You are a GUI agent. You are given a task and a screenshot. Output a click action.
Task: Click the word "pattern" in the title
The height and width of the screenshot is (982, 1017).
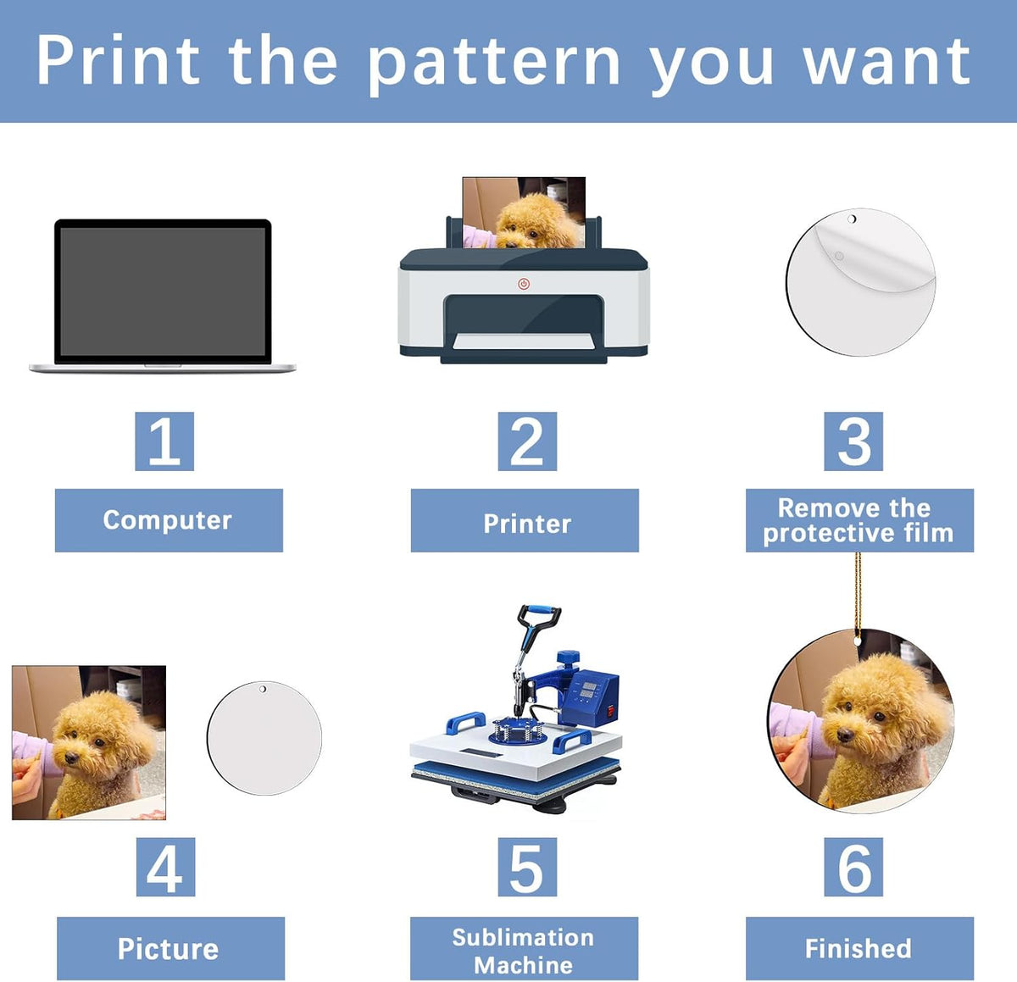pyautogui.click(x=493, y=64)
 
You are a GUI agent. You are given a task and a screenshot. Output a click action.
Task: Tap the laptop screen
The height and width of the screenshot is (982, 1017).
pyautogui.click(x=163, y=291)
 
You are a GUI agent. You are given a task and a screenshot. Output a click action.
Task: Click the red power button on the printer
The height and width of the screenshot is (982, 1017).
pyautogui.click(x=524, y=284)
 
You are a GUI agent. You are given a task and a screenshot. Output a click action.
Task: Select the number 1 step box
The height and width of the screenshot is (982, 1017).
pyautogui.click(x=164, y=441)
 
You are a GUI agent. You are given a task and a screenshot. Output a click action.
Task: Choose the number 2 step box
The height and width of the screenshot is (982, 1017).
pyautogui.click(x=527, y=441)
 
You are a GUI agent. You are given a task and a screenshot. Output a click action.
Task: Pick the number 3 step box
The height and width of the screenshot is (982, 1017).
pyautogui.click(x=853, y=441)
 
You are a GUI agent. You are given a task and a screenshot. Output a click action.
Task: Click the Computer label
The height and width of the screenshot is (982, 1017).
pyautogui.click(x=169, y=520)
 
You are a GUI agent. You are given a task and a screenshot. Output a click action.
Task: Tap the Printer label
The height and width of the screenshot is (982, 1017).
pyautogui.click(x=525, y=520)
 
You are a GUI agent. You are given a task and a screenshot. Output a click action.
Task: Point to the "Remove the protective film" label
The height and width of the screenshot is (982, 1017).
pyautogui.click(x=859, y=520)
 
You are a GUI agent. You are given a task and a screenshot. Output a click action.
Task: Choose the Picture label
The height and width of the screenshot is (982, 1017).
pyautogui.click(x=171, y=949)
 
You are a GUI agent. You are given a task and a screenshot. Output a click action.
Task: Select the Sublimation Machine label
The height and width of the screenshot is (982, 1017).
pyautogui.click(x=524, y=949)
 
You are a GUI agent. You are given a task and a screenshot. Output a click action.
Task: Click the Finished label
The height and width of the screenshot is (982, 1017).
pyautogui.click(x=859, y=949)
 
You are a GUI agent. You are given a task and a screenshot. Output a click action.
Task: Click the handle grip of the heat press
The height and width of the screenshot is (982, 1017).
pyautogui.click(x=539, y=611)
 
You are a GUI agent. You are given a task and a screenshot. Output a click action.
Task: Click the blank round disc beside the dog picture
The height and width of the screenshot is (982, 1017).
pyautogui.click(x=264, y=738)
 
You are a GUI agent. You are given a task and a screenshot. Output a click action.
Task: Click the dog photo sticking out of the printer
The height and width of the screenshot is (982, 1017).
pyautogui.click(x=524, y=213)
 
